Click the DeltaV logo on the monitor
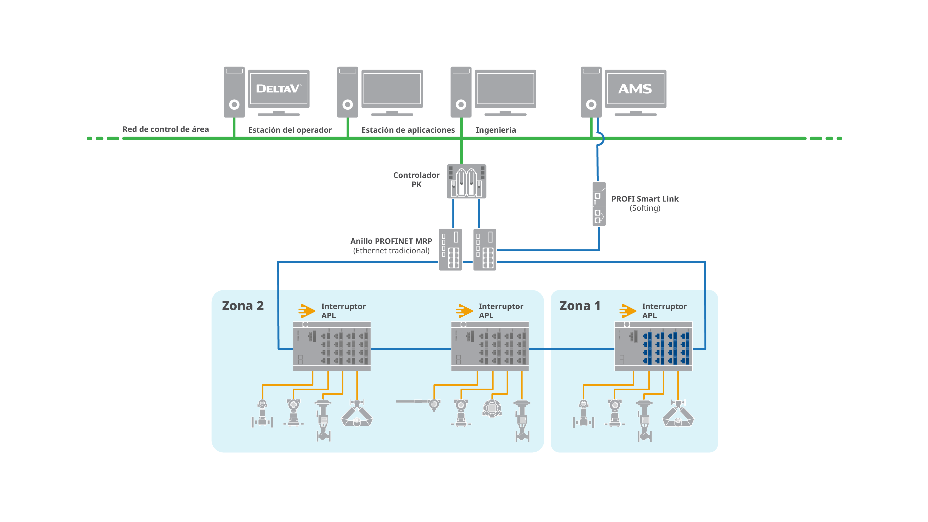(x=278, y=89)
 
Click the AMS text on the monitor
(x=635, y=89)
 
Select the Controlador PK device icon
(x=466, y=181)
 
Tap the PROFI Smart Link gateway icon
(x=599, y=204)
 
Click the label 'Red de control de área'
(x=166, y=129)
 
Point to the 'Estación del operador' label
(x=290, y=130)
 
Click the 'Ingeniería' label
(x=496, y=130)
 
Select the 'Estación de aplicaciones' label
(x=408, y=130)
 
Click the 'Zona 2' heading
(x=243, y=306)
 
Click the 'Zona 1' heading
(x=580, y=306)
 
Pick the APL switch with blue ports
(x=653, y=346)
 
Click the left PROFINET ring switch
(x=450, y=249)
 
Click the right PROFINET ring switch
(x=485, y=249)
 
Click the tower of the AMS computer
(x=591, y=92)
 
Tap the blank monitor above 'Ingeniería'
(x=505, y=89)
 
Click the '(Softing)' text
(x=645, y=208)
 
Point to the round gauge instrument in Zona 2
(x=492, y=408)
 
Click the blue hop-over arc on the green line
(x=601, y=138)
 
